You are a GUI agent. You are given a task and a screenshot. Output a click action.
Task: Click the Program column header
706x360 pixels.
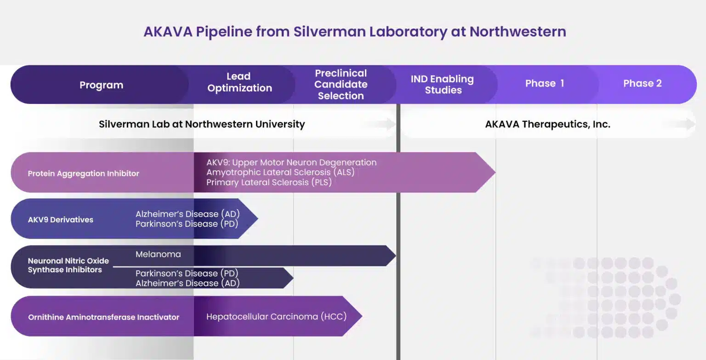pyautogui.click(x=101, y=85)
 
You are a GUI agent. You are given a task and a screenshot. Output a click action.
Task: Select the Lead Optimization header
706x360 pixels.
pyautogui.click(x=239, y=82)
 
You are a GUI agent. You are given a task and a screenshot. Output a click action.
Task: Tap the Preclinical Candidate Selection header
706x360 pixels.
pyautogui.click(x=341, y=84)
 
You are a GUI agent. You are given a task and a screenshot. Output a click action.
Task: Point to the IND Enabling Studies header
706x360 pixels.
pyautogui.click(x=442, y=84)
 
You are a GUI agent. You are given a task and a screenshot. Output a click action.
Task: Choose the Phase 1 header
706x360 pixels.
pyautogui.click(x=545, y=83)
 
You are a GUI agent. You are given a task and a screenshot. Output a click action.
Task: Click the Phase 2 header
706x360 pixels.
pyautogui.click(x=642, y=83)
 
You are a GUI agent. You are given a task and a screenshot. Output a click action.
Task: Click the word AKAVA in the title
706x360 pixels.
pyautogui.click(x=168, y=32)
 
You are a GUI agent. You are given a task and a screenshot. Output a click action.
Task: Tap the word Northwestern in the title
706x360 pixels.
pyautogui.click(x=518, y=32)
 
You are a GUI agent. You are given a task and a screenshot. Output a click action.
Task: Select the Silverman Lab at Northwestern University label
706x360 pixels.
pyautogui.click(x=202, y=124)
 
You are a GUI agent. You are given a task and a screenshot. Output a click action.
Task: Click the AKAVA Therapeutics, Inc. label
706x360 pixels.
pyautogui.click(x=547, y=124)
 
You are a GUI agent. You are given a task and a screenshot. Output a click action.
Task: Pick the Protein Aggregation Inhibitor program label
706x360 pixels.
pyautogui.click(x=83, y=173)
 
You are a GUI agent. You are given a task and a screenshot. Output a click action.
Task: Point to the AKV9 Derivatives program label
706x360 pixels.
pyautogui.click(x=61, y=219)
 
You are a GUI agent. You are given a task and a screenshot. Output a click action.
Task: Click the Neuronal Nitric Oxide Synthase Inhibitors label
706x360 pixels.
pyautogui.click(x=68, y=265)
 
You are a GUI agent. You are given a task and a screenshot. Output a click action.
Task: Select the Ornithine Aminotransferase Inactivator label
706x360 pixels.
pyautogui.click(x=103, y=317)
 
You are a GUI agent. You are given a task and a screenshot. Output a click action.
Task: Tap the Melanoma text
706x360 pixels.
pyautogui.click(x=158, y=254)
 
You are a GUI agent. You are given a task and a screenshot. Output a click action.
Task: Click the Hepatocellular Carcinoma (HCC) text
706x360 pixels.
pyautogui.click(x=276, y=316)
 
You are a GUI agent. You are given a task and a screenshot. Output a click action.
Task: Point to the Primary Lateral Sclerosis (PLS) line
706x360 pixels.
pyautogui.click(x=269, y=182)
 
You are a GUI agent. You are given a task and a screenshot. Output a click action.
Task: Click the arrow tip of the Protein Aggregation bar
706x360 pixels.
pyautogui.click(x=495, y=172)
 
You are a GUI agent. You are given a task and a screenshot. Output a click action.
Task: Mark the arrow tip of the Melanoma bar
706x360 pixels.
pyautogui.click(x=396, y=256)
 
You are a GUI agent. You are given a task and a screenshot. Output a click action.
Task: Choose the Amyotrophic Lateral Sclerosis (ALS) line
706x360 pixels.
pyautogui.click(x=280, y=172)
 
